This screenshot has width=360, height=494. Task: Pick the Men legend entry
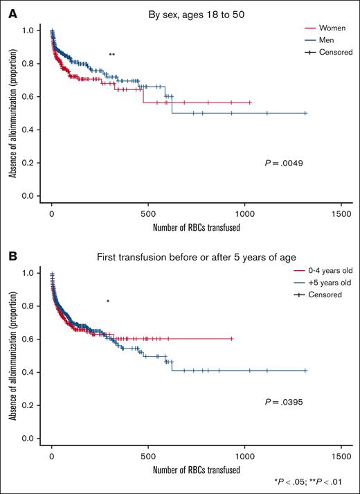click(x=317, y=40)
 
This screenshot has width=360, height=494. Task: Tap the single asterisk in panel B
click(x=107, y=301)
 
